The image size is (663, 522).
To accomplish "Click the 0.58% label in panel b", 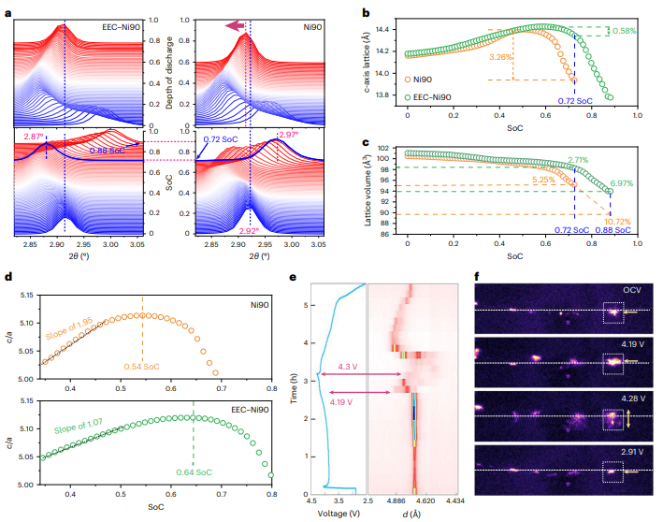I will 624,31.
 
